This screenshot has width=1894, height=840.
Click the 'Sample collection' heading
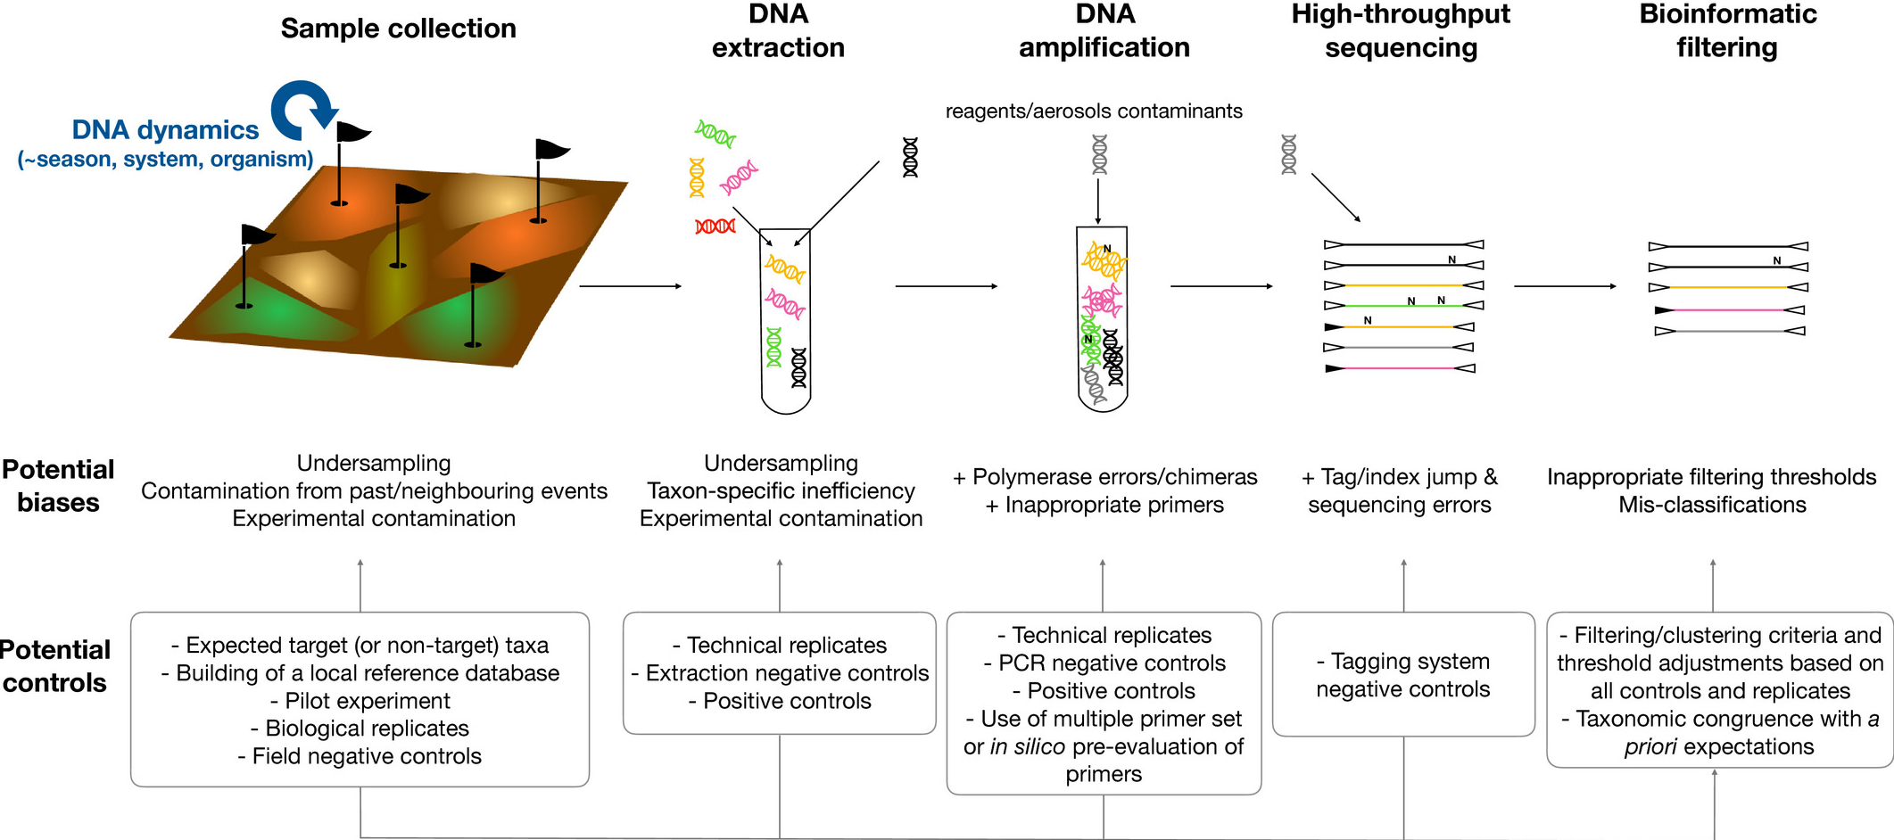tap(398, 29)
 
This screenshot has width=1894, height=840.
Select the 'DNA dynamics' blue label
tap(165, 130)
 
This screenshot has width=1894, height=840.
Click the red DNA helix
tap(715, 226)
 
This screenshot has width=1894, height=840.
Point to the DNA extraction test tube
tap(785, 321)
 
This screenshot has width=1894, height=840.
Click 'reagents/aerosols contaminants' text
tap(1094, 111)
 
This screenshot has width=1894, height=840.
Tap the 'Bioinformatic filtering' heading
tap(1727, 30)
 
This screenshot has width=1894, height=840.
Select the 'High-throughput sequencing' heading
tap(1401, 30)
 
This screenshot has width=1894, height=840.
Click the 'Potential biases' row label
tap(58, 486)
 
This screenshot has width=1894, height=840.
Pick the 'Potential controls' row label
tap(55, 666)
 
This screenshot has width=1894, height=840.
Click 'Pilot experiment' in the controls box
tap(360, 701)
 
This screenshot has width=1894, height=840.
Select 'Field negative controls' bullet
tap(360, 756)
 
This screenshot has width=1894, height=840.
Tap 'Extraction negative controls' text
tap(780, 673)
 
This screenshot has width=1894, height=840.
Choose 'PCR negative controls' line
tap(1104, 663)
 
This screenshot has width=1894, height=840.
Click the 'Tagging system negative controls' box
tap(1403, 675)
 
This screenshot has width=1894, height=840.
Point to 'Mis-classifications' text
tap(1712, 505)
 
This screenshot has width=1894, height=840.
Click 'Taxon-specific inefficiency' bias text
tap(781, 490)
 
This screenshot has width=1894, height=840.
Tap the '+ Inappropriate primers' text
tap(1104, 505)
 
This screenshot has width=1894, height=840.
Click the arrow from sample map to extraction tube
tap(630, 286)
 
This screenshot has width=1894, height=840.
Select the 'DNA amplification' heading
tap(1104, 30)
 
